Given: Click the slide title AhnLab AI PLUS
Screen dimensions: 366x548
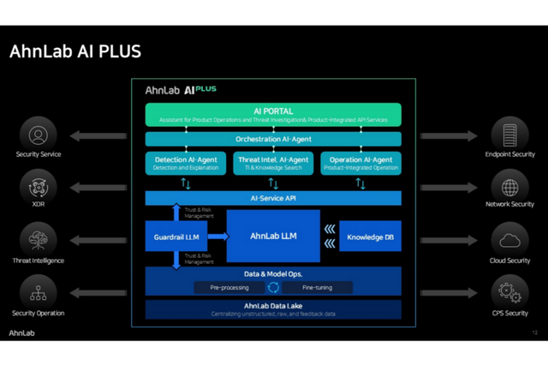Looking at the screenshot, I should (75, 51).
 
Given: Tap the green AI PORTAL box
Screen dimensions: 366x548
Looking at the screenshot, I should (273, 115).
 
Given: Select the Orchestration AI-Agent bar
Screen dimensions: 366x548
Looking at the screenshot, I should (273, 139).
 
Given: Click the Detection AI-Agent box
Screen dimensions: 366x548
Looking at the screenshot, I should (186, 163).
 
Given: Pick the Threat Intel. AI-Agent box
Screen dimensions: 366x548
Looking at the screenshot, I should (273, 163).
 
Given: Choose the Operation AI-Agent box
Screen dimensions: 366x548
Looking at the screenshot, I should (360, 163).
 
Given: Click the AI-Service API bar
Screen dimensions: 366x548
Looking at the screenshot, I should (273, 198).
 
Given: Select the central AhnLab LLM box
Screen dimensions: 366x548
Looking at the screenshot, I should (273, 236).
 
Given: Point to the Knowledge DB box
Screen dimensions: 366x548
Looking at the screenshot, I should (371, 236).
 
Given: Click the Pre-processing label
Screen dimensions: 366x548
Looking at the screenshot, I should (229, 288).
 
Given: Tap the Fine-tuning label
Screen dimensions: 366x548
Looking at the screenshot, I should (316, 288).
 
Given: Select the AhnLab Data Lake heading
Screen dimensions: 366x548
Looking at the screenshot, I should (273, 306).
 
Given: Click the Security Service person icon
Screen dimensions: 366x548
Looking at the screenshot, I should (39, 135).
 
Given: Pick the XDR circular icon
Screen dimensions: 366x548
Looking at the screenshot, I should (39, 187).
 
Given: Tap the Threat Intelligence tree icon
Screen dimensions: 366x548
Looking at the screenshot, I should (39, 239).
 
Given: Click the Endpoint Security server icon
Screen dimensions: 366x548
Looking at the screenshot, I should (509, 135).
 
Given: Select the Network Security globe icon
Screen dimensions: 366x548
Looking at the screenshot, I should (509, 187).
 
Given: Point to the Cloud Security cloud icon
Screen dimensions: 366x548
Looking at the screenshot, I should (509, 239).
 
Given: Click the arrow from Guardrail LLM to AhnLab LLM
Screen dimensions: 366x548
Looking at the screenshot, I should (217, 236).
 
